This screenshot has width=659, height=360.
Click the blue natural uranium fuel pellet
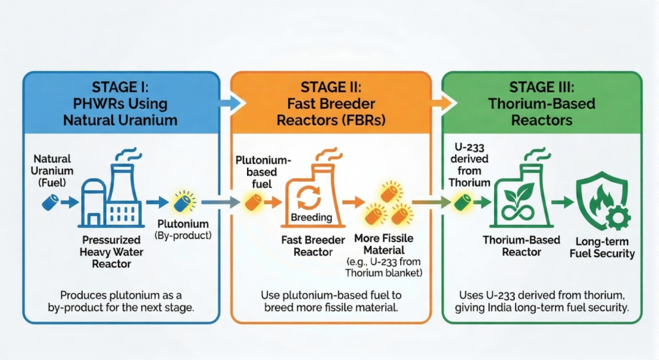point(50,202)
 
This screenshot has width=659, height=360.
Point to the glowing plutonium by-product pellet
point(183,202)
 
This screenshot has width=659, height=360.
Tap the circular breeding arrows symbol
point(309,197)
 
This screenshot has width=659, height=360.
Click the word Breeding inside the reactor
point(311,218)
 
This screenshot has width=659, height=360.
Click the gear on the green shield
point(617,218)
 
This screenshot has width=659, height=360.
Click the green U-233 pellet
point(462,202)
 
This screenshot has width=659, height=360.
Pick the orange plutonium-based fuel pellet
point(253,202)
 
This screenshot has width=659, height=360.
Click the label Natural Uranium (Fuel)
point(52,171)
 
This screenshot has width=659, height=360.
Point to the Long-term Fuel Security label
point(602,247)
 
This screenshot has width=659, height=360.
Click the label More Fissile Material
point(384,244)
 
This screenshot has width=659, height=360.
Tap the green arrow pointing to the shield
point(562,202)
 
